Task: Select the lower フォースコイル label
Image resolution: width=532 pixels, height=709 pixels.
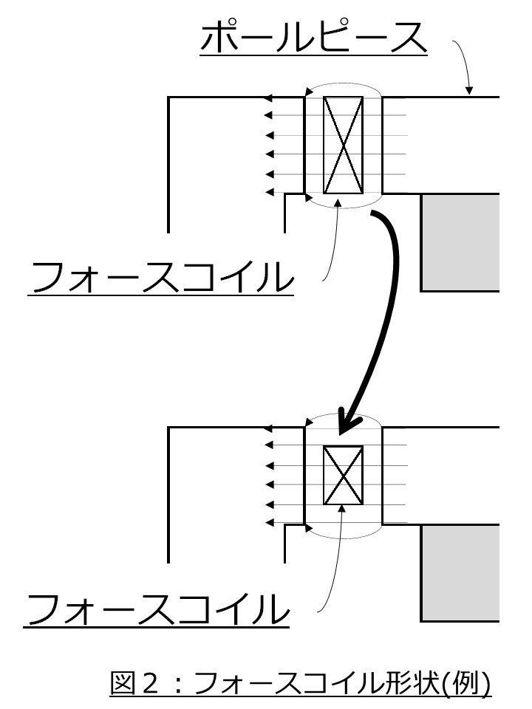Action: (157, 610)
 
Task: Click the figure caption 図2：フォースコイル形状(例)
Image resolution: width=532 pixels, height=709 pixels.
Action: (300, 683)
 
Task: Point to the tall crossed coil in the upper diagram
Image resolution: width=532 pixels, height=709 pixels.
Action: (344, 144)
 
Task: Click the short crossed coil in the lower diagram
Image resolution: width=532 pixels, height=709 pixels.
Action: (344, 475)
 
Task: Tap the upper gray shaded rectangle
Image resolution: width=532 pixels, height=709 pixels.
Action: (460, 242)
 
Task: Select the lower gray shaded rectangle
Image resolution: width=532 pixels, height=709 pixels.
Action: (460, 573)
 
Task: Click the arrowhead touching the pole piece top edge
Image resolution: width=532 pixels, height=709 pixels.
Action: (468, 92)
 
